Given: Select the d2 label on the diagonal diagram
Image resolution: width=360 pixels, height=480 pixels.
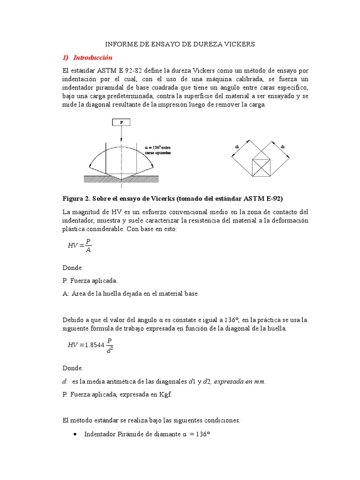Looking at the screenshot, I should (x=283, y=147).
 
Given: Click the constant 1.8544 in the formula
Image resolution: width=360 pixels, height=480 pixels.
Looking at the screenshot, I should (x=92, y=345).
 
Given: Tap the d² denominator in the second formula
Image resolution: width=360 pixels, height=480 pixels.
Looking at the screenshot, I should (x=110, y=350).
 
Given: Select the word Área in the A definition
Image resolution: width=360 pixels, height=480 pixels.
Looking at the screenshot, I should (x=80, y=294).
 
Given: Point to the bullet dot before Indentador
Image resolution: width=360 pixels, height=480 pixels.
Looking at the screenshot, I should (x=76, y=435).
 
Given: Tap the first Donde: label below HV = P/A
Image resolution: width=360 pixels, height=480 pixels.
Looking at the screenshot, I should (x=73, y=268).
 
